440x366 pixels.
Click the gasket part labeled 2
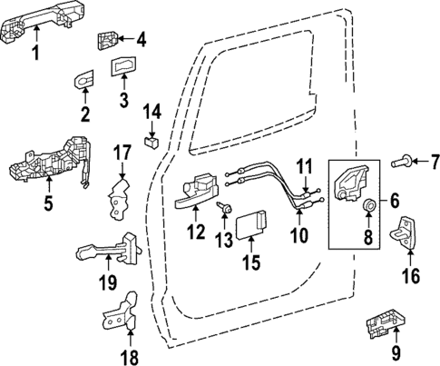(83, 81)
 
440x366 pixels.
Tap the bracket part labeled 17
(117, 199)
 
